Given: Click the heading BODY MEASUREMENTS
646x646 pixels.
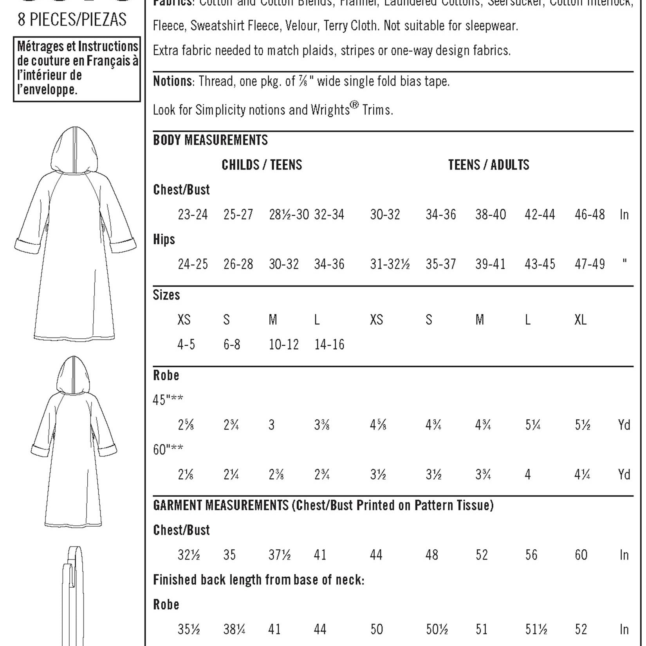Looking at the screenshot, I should tap(210, 140).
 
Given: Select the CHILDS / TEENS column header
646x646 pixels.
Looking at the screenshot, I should tap(262, 165).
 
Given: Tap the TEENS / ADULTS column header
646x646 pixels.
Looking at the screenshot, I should tap(488, 165).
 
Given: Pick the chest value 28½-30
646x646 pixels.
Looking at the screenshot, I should tap(289, 215).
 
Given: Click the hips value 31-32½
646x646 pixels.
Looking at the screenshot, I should tap(390, 264).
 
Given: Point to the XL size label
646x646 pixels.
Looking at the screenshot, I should tap(580, 320).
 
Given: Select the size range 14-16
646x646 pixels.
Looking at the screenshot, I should tap(329, 345).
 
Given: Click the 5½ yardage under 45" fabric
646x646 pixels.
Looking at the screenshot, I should tap(582, 425).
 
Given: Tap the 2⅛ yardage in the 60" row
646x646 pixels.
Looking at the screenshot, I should tap(186, 475).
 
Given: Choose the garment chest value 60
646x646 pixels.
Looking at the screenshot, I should tap(581, 555).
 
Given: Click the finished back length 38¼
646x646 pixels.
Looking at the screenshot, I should tap(234, 629).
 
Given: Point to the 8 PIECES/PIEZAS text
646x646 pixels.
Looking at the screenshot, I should tap(72, 20).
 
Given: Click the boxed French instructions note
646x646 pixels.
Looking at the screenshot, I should tap(77, 69).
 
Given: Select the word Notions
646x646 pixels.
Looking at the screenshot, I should tap(172, 81).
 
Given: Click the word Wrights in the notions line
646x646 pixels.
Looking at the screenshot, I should tap(330, 110).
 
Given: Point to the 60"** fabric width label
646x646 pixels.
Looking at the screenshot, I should tap(168, 449).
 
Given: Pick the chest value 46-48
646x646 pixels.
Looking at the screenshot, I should tap(590, 215).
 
